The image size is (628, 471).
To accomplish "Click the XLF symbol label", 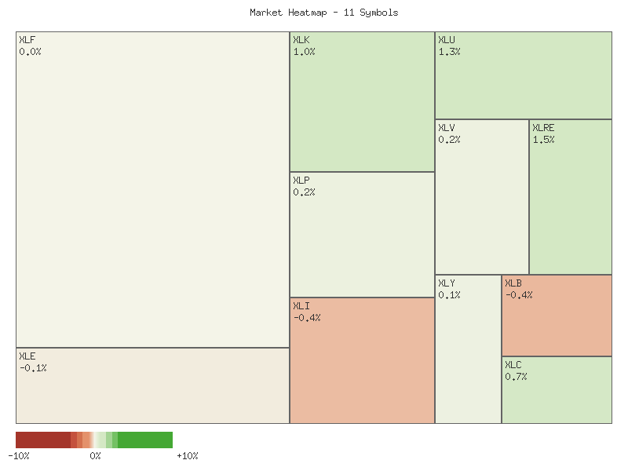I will [27, 40].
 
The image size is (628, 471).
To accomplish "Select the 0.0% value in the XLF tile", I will [30, 52].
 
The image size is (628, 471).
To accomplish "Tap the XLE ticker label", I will [27, 356].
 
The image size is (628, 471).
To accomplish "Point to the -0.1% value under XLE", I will [33, 368].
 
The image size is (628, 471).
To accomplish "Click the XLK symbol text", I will [301, 40].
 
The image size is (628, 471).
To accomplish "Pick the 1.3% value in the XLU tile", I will [449, 52].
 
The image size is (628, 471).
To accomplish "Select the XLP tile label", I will [301, 181].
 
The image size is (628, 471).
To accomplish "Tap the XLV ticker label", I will [447, 128].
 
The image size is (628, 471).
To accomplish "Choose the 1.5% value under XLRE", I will [543, 140].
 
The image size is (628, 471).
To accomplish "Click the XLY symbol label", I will [447, 283].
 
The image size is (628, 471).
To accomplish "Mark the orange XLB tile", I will [557, 322].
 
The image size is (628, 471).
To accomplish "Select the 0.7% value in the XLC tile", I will [516, 377].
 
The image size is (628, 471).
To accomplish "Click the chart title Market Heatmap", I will [323, 13].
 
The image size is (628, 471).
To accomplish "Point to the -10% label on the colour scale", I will [19, 456].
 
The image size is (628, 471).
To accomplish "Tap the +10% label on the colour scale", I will [187, 456].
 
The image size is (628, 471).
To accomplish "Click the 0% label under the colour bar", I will [95, 456].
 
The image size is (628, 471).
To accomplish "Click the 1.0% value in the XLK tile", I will [304, 52].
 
